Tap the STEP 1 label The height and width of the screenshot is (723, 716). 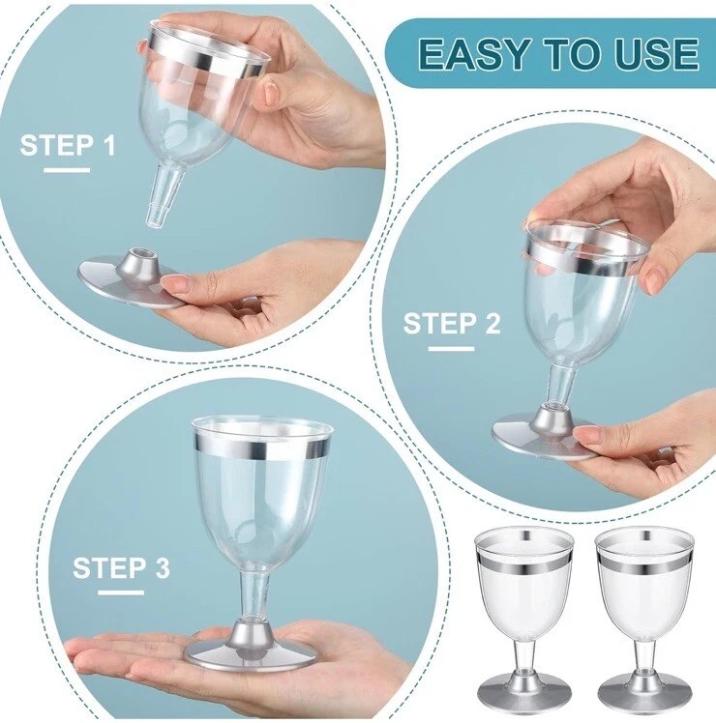[x=68, y=146]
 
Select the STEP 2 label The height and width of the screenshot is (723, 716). [x=452, y=323]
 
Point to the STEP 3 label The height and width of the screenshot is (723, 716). [x=121, y=567]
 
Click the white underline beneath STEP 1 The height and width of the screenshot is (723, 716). [x=67, y=171]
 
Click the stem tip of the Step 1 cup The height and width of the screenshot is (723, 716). [x=154, y=221]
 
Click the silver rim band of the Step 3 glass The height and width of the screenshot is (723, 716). [x=262, y=444]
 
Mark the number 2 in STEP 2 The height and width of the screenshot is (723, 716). [x=492, y=323]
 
